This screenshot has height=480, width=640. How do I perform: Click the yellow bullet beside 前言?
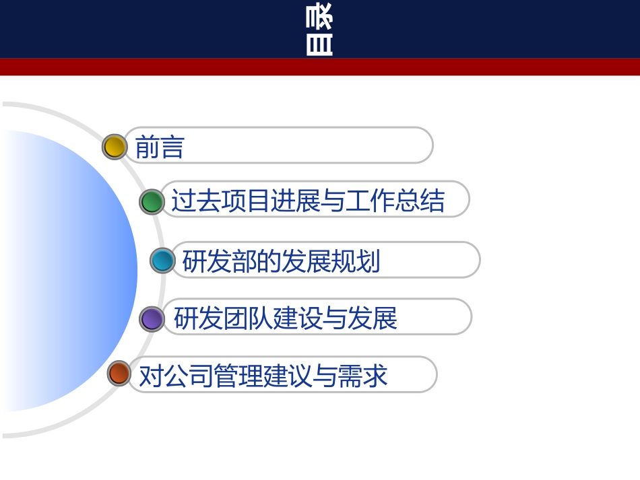115,146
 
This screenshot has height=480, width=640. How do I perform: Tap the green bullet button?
152,201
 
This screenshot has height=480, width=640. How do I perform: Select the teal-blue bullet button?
162,260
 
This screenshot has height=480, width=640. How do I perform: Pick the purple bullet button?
152,318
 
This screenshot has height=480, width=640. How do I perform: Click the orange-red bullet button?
119,374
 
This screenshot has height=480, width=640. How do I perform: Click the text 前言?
160,147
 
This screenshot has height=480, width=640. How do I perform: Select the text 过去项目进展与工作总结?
308,201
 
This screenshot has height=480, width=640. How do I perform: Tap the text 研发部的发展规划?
281,261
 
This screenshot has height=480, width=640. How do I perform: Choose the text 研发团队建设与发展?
286,318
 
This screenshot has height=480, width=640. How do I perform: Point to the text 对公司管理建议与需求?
263,376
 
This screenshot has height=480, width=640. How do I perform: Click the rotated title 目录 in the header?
319,30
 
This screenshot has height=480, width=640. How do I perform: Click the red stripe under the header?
320,67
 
